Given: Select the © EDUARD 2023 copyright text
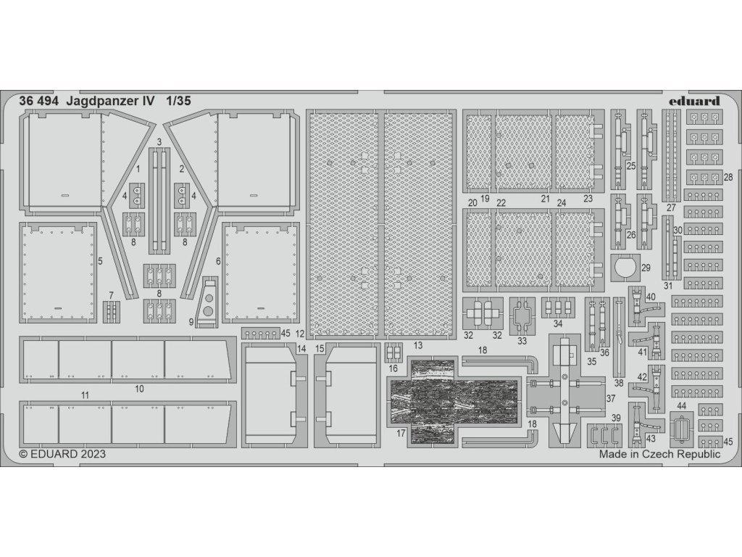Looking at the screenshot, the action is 62,455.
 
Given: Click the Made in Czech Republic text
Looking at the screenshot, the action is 659,455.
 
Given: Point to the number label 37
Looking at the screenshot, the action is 610,398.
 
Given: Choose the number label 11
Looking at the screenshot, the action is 85,395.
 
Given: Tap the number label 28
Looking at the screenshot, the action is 728,178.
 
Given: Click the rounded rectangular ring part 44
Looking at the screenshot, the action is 682,428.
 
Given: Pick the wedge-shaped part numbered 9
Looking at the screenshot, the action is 208,301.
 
